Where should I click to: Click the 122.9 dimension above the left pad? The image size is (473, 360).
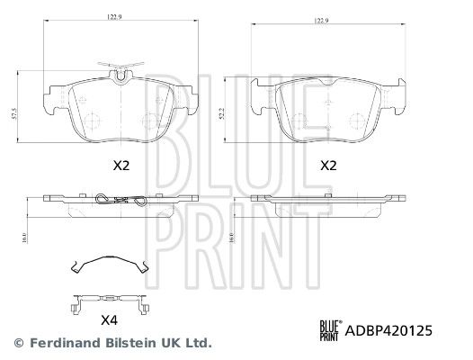coord(114,17)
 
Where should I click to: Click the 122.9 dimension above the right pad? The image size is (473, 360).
coord(322,21)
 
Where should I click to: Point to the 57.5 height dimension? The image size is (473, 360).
coord(13,114)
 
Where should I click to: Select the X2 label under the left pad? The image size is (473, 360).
coord(121,166)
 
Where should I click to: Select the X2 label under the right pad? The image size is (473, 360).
coord(328,166)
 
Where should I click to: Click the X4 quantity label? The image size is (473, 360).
coord(109,320)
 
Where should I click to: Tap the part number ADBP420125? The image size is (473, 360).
coord(388,330)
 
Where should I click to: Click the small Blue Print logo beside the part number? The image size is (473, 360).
coord(331,330)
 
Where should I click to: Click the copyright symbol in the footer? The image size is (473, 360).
coord(19,343)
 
